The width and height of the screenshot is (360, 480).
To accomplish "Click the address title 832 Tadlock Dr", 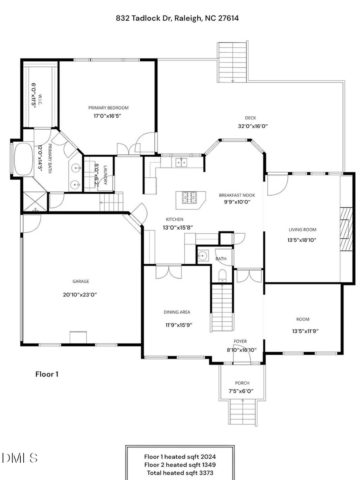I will [x=178, y=18].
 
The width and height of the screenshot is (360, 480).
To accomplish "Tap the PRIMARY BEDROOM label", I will [x=108, y=108].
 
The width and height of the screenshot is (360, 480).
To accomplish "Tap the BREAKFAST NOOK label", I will [x=237, y=195].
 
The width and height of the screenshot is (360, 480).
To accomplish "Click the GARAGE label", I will [x=81, y=281].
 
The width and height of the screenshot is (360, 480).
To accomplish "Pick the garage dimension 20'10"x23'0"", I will [x=80, y=294].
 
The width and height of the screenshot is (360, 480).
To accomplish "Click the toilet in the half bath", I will [x=222, y=275].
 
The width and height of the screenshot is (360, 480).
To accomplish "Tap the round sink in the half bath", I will [x=203, y=255].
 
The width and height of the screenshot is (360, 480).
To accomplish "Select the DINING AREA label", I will [x=177, y=312].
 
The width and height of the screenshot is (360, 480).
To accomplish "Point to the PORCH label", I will [x=242, y=383].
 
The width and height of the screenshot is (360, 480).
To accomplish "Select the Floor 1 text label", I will [x=47, y=374].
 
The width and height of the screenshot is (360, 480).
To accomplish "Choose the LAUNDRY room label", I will [x=105, y=175].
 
